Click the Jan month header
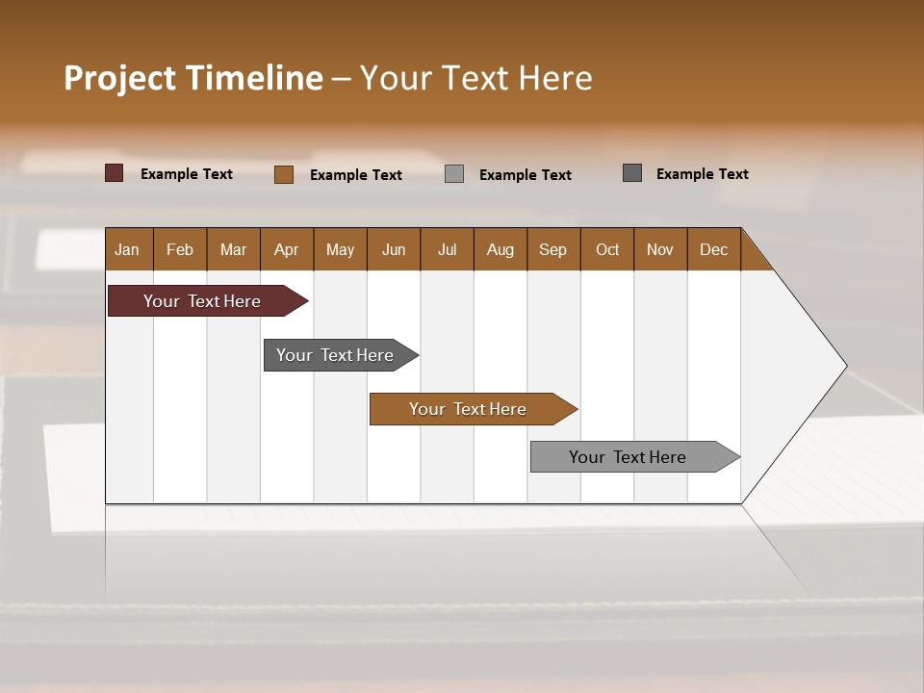(127, 249)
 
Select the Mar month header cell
(233, 249)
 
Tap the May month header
(340, 249)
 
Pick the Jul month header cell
(447, 249)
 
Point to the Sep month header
(552, 249)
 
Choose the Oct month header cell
(607, 249)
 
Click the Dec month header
(713, 249)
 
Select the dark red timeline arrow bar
(203, 301)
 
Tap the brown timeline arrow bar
(469, 409)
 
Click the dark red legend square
(114, 173)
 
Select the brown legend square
(284, 174)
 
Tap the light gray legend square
(454, 174)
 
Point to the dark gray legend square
(632, 173)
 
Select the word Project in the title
(120, 78)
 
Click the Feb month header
(180, 249)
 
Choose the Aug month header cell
(500, 249)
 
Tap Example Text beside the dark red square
(187, 174)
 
